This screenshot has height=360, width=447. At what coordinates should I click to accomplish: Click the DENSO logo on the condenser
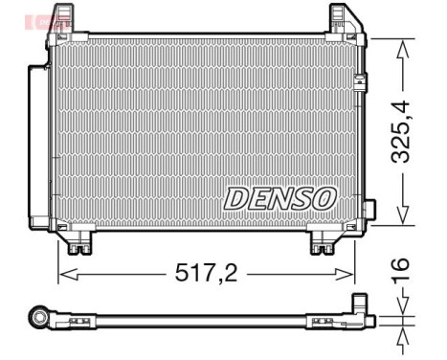coord(280,197)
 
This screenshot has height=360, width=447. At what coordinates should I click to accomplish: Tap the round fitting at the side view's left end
coord(39,317)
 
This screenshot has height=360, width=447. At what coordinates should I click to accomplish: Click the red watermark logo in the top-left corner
coord(46,17)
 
